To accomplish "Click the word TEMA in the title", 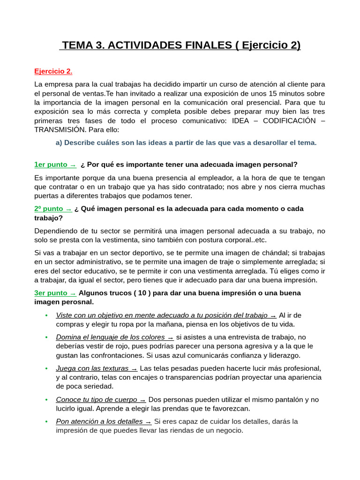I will (77, 45).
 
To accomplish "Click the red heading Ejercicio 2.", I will (53, 71).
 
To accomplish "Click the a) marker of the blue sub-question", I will (59, 142).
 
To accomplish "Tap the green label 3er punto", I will (51, 293).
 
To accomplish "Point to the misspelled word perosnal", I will (78, 302).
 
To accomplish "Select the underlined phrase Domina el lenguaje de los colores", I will (110, 337).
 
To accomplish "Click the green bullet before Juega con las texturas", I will (46, 368).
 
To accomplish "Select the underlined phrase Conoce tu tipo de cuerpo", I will (97, 399).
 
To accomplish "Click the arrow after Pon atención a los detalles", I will (148, 421).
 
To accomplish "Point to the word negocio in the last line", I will (229, 430).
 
